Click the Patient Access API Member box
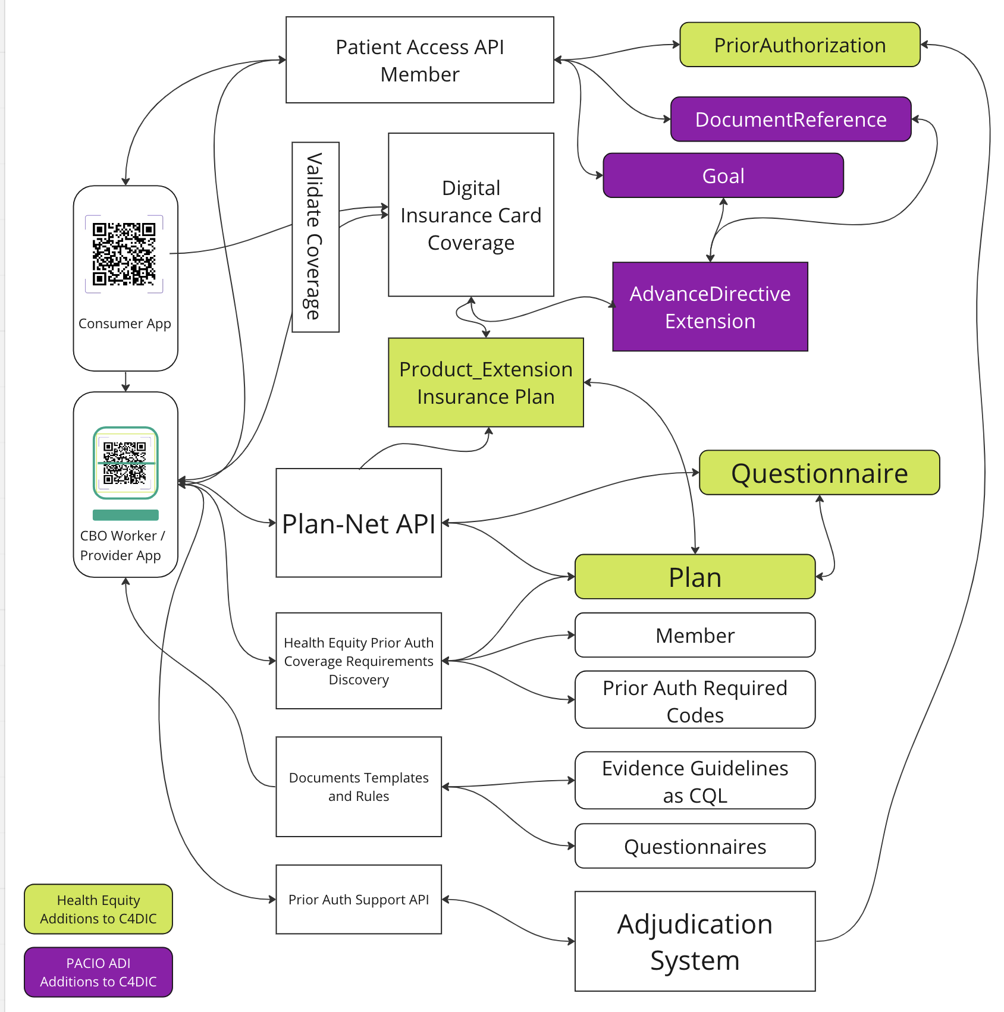[420, 60]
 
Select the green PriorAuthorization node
[799, 45]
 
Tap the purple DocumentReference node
[790, 120]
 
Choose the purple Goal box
[723, 176]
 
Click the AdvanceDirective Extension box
[710, 307]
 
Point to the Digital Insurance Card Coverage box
[470, 215]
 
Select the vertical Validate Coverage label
[315, 237]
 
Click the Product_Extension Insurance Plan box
[485, 382]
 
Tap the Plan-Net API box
[358, 523]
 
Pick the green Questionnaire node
[819, 473]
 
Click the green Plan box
[694, 577]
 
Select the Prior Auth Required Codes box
[694, 700]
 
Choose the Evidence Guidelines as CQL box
[694, 781]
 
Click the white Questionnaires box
[694, 846]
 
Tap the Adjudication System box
[694, 941]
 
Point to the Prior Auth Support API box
[358, 900]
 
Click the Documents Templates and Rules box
[358, 787]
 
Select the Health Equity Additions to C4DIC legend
[98, 909]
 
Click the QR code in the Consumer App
[124, 254]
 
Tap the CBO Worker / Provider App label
[121, 545]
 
